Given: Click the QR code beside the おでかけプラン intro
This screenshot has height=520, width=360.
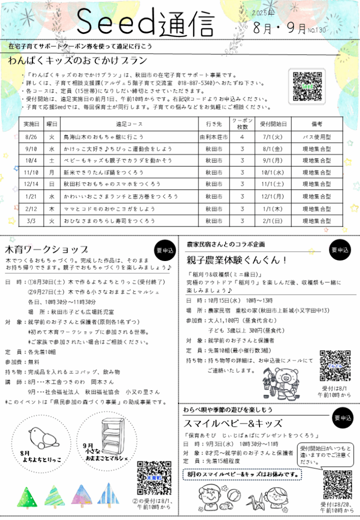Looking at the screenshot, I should click(x=307, y=86).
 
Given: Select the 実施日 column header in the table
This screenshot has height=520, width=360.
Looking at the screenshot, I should click(x=31, y=123).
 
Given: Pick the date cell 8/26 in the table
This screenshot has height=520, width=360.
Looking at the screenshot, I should click(x=31, y=137).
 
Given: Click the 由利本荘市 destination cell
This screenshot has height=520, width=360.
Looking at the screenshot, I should click(x=213, y=137).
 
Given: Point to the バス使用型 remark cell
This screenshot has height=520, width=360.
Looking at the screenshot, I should click(x=317, y=137).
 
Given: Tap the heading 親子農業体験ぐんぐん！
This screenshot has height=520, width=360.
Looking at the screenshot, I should click(x=237, y=261).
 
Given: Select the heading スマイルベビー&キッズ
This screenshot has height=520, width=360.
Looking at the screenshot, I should click(x=226, y=423).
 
